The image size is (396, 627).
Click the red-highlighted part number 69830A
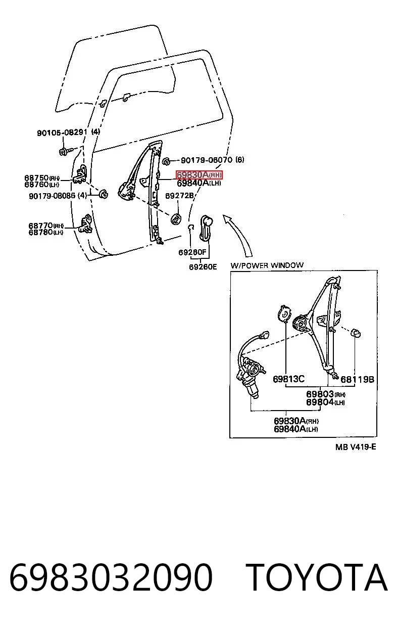(x=199, y=175)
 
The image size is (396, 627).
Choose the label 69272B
(x=179, y=195)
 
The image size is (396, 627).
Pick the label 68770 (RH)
(x=46, y=226)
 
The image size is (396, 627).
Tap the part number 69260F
(x=192, y=252)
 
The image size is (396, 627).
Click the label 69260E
(x=203, y=267)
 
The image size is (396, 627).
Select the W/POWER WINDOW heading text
(x=267, y=265)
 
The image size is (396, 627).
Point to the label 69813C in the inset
(x=288, y=379)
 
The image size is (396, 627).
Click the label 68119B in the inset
(x=357, y=380)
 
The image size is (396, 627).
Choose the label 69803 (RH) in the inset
(x=326, y=394)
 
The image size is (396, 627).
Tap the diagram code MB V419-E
(x=356, y=447)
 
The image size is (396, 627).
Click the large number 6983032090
(x=111, y=577)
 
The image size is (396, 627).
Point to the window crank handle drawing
(x=207, y=228)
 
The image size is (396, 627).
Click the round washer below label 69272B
(x=176, y=218)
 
